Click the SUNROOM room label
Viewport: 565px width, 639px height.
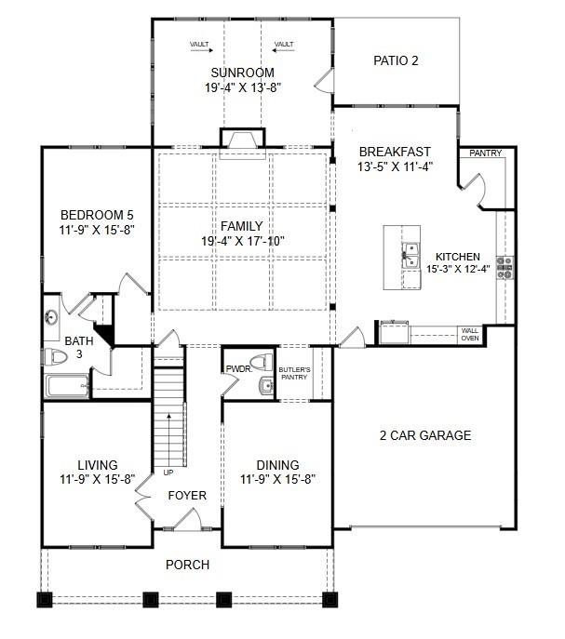[242, 73]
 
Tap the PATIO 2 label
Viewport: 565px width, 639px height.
[397, 61]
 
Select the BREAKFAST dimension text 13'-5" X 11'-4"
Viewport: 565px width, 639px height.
[395, 167]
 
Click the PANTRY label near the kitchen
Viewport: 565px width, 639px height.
[484, 153]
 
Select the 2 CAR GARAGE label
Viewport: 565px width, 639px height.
[424, 435]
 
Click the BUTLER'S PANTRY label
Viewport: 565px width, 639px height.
[294, 373]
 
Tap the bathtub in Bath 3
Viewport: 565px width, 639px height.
[67, 386]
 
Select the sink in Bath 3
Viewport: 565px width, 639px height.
[51, 317]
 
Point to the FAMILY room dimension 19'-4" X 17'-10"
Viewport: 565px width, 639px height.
[241, 241]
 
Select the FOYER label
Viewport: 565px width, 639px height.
[187, 496]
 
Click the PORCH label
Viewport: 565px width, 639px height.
[187, 565]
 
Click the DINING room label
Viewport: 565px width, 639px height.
[278, 465]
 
